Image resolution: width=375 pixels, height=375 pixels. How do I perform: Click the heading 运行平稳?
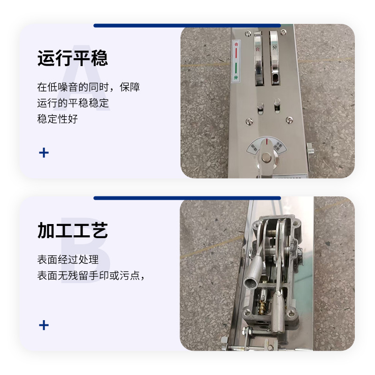[72, 59]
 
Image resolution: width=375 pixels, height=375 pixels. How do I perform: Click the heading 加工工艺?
[72, 231]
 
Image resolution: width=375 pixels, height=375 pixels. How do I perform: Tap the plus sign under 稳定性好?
[44, 152]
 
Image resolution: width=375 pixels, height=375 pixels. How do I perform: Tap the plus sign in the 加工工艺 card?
[44, 325]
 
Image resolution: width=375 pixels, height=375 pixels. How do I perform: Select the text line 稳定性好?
[57, 119]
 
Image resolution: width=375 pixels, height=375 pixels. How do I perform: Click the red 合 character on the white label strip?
[236, 45]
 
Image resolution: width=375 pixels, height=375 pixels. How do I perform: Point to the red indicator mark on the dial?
[267, 141]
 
